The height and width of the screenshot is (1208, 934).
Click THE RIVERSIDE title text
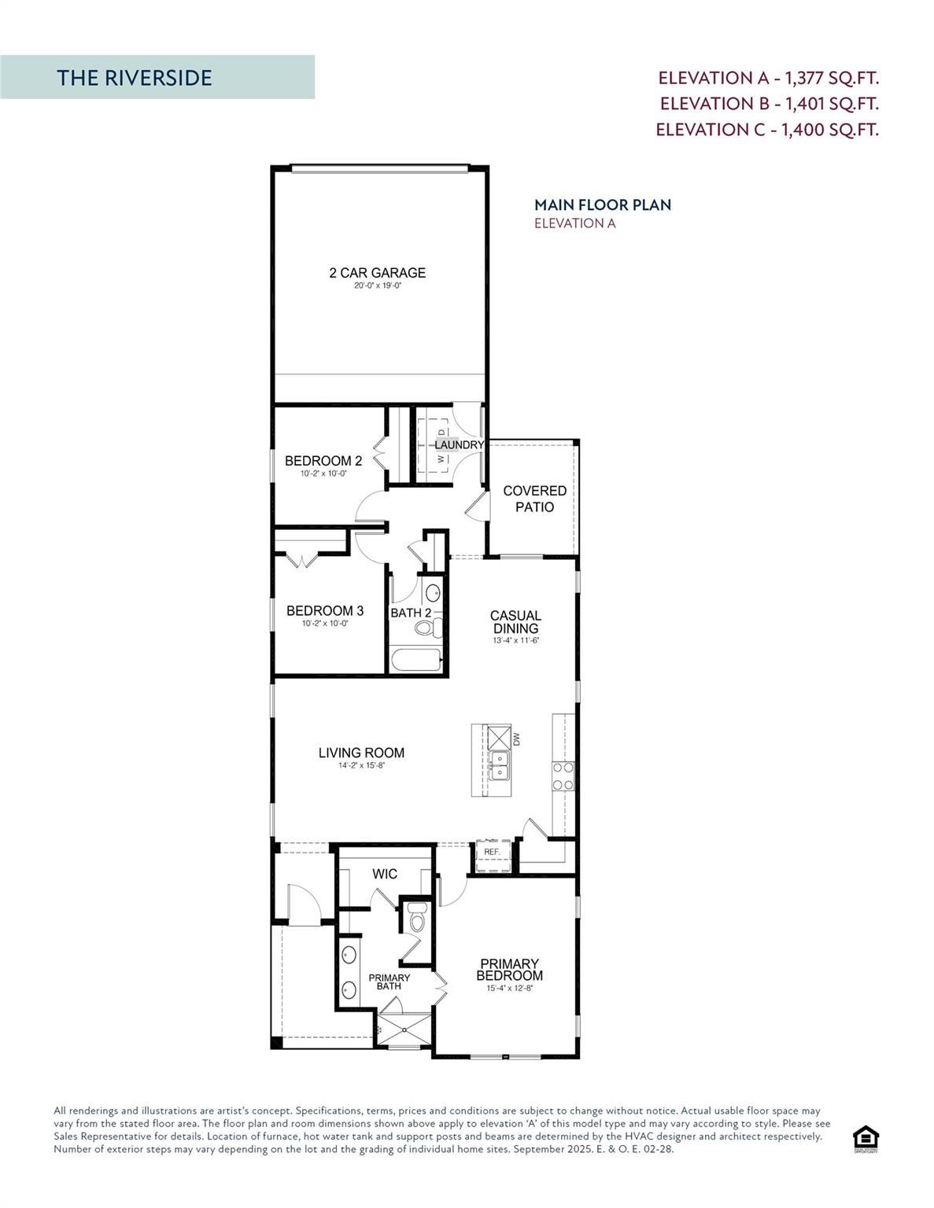pyautogui.click(x=135, y=78)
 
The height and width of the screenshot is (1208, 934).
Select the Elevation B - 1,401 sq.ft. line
pyautogui.click(x=769, y=104)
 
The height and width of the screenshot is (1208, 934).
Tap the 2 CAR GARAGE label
pyautogui.click(x=377, y=273)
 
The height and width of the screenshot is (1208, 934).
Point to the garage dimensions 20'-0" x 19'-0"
pyautogui.click(x=378, y=286)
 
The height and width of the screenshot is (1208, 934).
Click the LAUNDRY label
pyautogui.click(x=459, y=445)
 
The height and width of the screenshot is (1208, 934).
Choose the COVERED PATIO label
pyautogui.click(x=534, y=499)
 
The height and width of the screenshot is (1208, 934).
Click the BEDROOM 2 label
pyautogui.click(x=323, y=461)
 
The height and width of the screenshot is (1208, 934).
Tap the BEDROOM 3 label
pyautogui.click(x=324, y=610)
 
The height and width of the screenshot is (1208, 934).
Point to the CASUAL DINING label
pyautogui.click(x=515, y=621)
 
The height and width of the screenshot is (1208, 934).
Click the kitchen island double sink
pyautogui.click(x=498, y=764)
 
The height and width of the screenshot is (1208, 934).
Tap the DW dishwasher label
pyautogui.click(x=517, y=739)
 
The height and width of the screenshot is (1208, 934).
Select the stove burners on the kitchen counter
pyautogui.click(x=563, y=775)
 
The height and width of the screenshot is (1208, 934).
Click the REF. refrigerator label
pyautogui.click(x=492, y=852)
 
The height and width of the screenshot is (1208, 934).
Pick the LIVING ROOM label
pyautogui.click(x=361, y=753)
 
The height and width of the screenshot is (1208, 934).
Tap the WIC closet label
pyautogui.click(x=385, y=874)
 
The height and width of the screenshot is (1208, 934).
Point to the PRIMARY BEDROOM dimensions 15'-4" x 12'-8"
pyautogui.click(x=511, y=989)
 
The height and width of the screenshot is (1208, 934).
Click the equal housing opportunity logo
pyautogui.click(x=866, y=1139)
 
